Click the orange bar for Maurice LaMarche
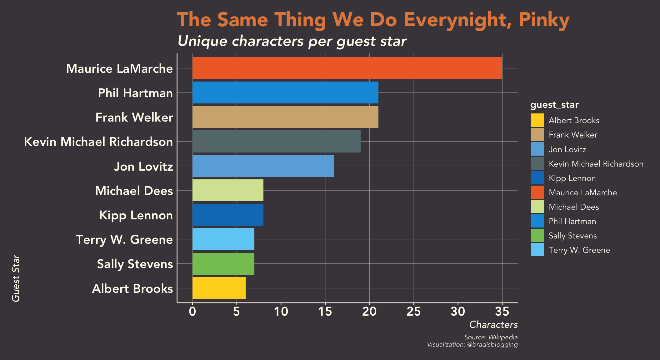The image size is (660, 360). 347,68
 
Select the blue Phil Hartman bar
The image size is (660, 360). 285,92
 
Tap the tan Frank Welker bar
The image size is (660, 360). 285,117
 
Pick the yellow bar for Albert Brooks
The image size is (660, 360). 219,288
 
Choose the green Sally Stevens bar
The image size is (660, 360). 223,264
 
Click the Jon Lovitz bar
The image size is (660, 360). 263,166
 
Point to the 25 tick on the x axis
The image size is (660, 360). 413,312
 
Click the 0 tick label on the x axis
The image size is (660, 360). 192,312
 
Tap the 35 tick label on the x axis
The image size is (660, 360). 502,312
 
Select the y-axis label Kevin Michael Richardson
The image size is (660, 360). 98,142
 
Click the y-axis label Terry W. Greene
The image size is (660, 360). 124,240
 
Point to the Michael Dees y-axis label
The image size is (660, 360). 134,191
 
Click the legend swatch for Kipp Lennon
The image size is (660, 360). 537,178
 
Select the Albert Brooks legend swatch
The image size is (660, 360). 537,120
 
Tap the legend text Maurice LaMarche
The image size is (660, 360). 582,192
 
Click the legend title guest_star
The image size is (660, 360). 554,105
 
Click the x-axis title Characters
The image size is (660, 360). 493,325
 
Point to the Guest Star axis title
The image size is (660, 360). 16,278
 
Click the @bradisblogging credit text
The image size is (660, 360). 492,344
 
